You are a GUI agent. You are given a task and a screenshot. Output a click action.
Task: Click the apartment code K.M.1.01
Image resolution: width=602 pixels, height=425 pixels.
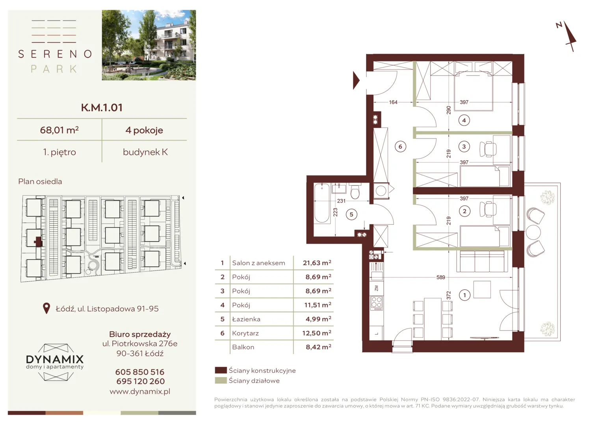pyautogui.click(x=102, y=108)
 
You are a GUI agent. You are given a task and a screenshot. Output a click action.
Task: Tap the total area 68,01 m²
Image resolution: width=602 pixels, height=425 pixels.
pyautogui.click(x=59, y=130)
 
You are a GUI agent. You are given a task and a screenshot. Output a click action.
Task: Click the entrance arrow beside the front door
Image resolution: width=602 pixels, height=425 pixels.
pyautogui.click(x=356, y=80)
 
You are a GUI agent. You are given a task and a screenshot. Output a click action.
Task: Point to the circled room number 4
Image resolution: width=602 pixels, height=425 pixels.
pyautogui.click(x=464, y=120)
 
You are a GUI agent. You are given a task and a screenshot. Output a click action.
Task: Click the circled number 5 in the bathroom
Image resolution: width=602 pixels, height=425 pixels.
pyautogui.click(x=351, y=214)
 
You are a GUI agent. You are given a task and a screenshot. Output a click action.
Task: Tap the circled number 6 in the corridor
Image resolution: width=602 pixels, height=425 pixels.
pyautogui.click(x=400, y=147)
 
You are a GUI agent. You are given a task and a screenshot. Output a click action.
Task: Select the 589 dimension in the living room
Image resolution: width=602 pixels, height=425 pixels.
pyautogui.click(x=441, y=277)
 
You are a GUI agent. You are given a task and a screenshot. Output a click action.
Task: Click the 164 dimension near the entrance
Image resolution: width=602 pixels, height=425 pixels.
pyautogui.click(x=393, y=102)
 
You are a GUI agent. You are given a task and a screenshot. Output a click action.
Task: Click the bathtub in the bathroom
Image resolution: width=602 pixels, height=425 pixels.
pyautogui.click(x=322, y=203)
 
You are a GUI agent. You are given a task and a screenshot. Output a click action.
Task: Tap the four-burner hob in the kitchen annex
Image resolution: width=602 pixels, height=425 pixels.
pyautogui.click(x=376, y=303)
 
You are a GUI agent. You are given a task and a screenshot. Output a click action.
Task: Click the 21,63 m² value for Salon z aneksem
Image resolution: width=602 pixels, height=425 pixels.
pyautogui.click(x=317, y=263)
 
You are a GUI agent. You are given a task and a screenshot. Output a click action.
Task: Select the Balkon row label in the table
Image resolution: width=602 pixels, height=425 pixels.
pyautogui.click(x=243, y=347)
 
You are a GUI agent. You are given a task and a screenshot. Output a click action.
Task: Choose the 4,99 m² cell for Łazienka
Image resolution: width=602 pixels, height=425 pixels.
pyautogui.click(x=318, y=319)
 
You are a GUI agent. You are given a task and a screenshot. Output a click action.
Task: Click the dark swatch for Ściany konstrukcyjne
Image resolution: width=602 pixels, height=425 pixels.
pyautogui.click(x=221, y=370)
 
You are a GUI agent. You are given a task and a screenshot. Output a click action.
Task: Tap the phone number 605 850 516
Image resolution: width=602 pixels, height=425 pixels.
pyautogui.click(x=140, y=372)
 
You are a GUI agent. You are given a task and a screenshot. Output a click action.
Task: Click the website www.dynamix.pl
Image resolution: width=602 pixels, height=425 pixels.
pyautogui.click(x=140, y=392)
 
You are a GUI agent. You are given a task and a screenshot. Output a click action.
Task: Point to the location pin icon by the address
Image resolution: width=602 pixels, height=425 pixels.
pyautogui.click(x=46, y=309)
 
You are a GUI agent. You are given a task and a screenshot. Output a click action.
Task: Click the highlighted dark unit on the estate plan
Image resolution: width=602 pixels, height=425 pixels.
pyautogui.click(x=38, y=241)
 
